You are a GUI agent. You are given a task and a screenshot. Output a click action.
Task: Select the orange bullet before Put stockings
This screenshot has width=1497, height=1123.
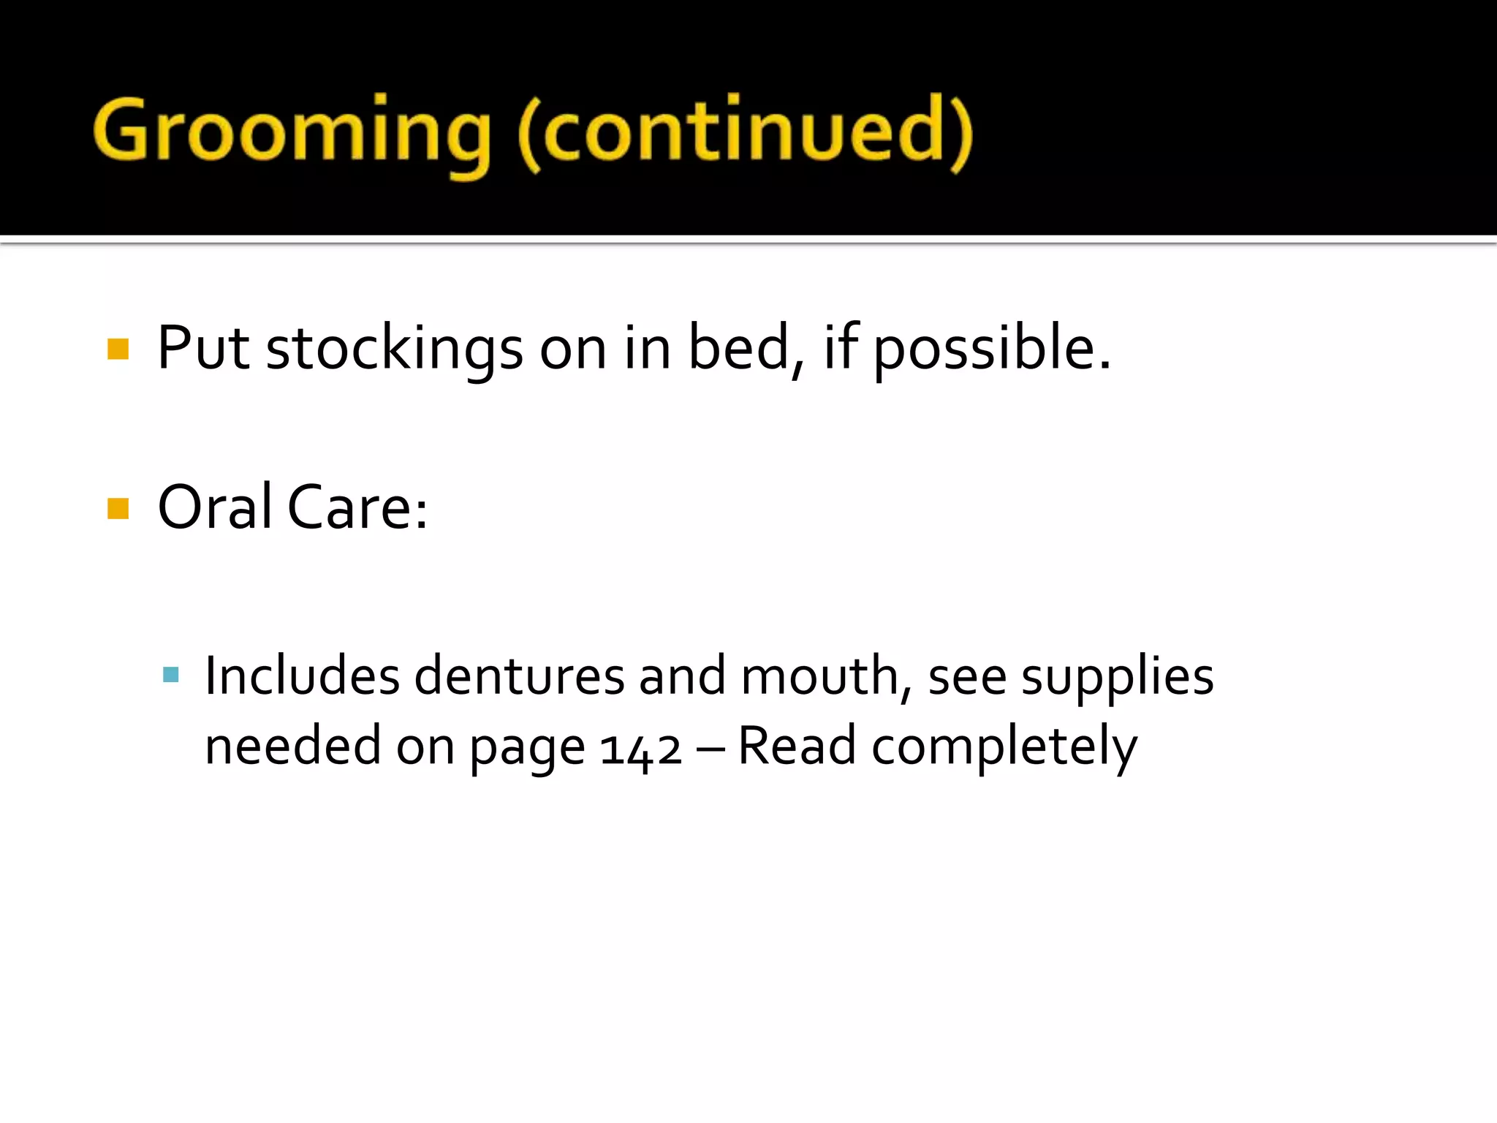118,349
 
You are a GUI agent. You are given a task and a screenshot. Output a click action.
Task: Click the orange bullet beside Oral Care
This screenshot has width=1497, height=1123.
118,508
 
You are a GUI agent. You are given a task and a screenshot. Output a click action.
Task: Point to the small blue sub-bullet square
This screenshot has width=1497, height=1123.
171,674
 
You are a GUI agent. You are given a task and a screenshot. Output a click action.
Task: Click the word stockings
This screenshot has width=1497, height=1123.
394,349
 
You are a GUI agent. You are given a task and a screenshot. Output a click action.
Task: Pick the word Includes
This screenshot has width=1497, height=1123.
302,676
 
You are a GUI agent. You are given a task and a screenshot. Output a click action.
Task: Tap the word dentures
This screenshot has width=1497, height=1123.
519,676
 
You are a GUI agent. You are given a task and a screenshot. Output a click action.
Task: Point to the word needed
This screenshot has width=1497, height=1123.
292,746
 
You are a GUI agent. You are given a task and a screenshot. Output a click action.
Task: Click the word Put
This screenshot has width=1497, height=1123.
203,349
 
